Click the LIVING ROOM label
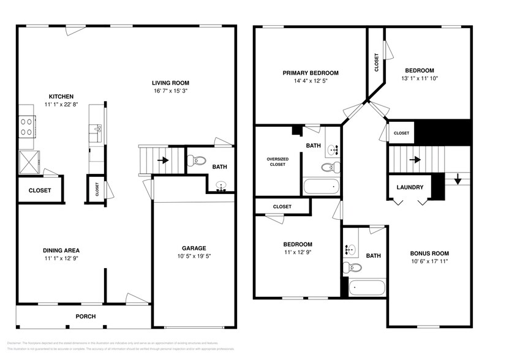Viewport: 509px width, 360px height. tap(171, 83)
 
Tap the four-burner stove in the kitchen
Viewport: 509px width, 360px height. tap(27, 126)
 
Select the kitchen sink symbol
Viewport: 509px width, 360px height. tap(96, 129)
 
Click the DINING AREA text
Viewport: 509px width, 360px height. tap(61, 250)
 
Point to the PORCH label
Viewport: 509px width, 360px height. tap(85, 317)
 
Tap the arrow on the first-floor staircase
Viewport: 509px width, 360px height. tap(164, 161)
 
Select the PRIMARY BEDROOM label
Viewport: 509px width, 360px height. tap(310, 73)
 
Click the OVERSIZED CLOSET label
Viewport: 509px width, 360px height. tap(277, 162)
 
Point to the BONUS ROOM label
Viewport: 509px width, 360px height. tap(429, 253)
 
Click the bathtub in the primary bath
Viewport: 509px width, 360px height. tap(321, 186)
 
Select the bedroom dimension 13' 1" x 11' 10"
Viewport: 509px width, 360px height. tap(419, 78)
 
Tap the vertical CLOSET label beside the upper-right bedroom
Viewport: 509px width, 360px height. tap(376, 62)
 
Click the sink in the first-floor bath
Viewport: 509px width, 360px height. tap(221, 187)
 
